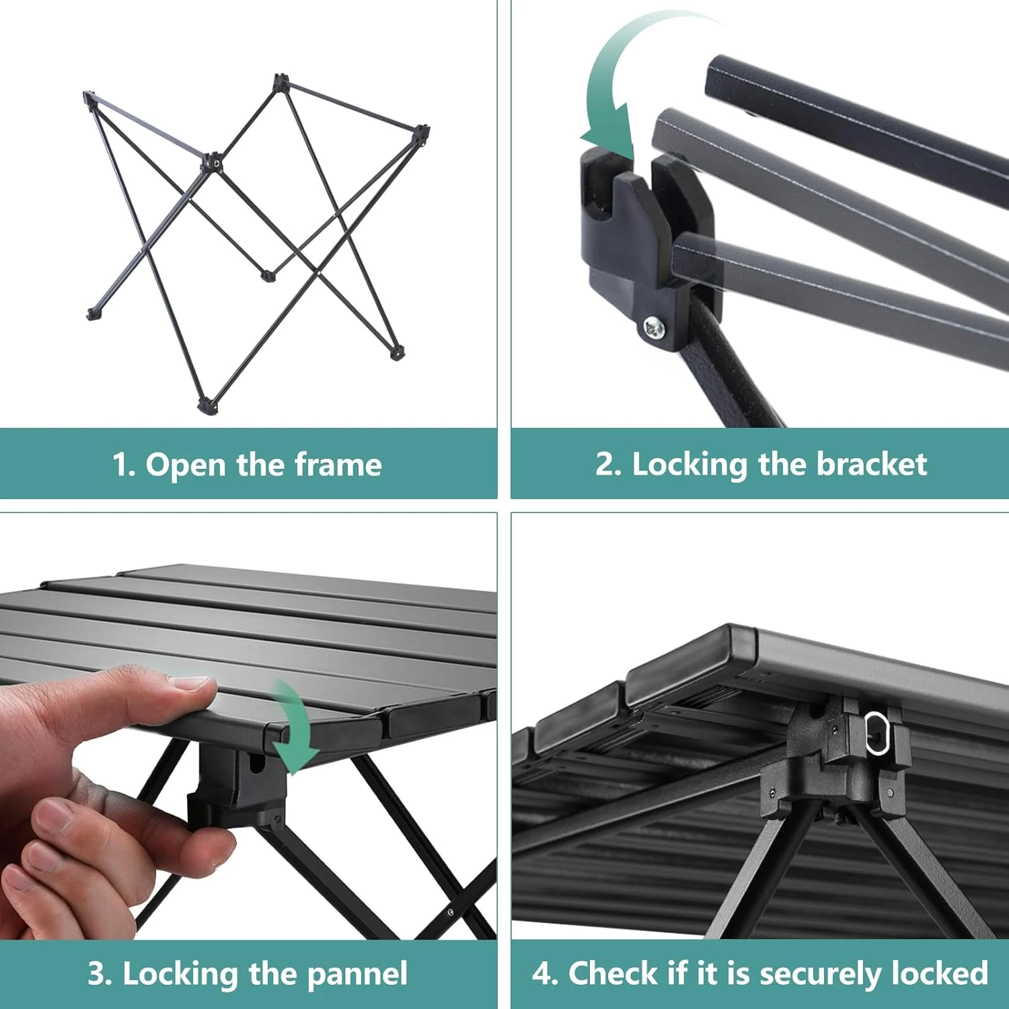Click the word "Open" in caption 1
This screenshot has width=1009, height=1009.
tap(185, 465)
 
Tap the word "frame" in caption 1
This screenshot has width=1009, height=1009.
tap(338, 464)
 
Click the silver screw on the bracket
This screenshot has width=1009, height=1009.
tap(653, 328)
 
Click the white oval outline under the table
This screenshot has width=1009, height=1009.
tap(876, 733)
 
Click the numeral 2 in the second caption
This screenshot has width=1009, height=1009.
tap(604, 465)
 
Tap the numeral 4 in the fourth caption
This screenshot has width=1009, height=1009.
tap(542, 974)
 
